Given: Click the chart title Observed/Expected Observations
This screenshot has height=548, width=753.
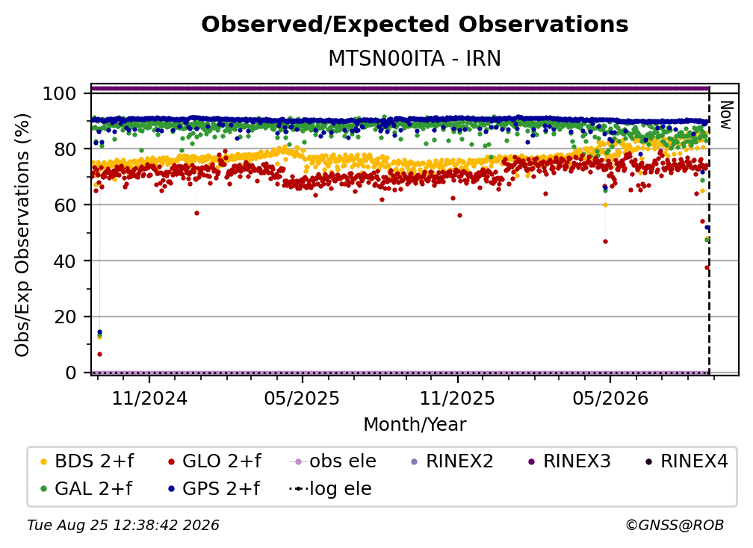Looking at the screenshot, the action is pyautogui.click(x=415, y=25).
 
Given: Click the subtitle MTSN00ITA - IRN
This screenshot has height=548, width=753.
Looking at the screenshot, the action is pyautogui.click(x=415, y=58).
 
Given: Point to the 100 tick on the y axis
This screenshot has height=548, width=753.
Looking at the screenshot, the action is pyautogui.click(x=60, y=93).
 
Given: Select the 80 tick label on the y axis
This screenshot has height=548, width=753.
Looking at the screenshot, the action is pyautogui.click(x=65, y=149).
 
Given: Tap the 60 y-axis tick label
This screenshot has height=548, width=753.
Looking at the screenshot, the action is pyautogui.click(x=65, y=205).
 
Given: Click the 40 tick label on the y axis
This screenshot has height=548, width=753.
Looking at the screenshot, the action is pyautogui.click(x=65, y=261).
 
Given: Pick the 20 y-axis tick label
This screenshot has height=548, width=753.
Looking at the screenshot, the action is pyautogui.click(x=65, y=317).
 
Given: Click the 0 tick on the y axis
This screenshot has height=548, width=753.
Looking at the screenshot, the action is pyautogui.click(x=71, y=373).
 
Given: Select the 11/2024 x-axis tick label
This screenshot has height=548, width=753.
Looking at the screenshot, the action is pyautogui.click(x=149, y=398).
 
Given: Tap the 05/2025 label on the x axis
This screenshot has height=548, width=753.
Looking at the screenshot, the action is pyautogui.click(x=302, y=398).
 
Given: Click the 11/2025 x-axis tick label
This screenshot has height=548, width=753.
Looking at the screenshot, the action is pyautogui.click(x=457, y=398).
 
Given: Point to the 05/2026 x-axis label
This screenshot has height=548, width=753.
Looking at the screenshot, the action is pyautogui.click(x=610, y=398).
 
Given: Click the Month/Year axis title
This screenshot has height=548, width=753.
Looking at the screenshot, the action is pyautogui.click(x=415, y=424).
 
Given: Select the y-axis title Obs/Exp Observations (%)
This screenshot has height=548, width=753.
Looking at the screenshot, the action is pyautogui.click(x=22, y=235).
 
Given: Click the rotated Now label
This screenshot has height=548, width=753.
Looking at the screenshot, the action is pyautogui.click(x=726, y=115).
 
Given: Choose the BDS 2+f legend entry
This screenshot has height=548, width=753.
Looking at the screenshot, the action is pyautogui.click(x=87, y=461).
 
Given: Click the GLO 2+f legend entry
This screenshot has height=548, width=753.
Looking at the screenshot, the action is pyautogui.click(x=214, y=461).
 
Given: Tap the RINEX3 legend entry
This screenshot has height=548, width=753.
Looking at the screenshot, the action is pyautogui.click(x=569, y=461).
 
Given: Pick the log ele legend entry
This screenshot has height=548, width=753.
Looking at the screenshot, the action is pyautogui.click(x=330, y=489).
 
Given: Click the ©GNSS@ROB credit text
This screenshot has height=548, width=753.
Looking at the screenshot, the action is pyautogui.click(x=675, y=526).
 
